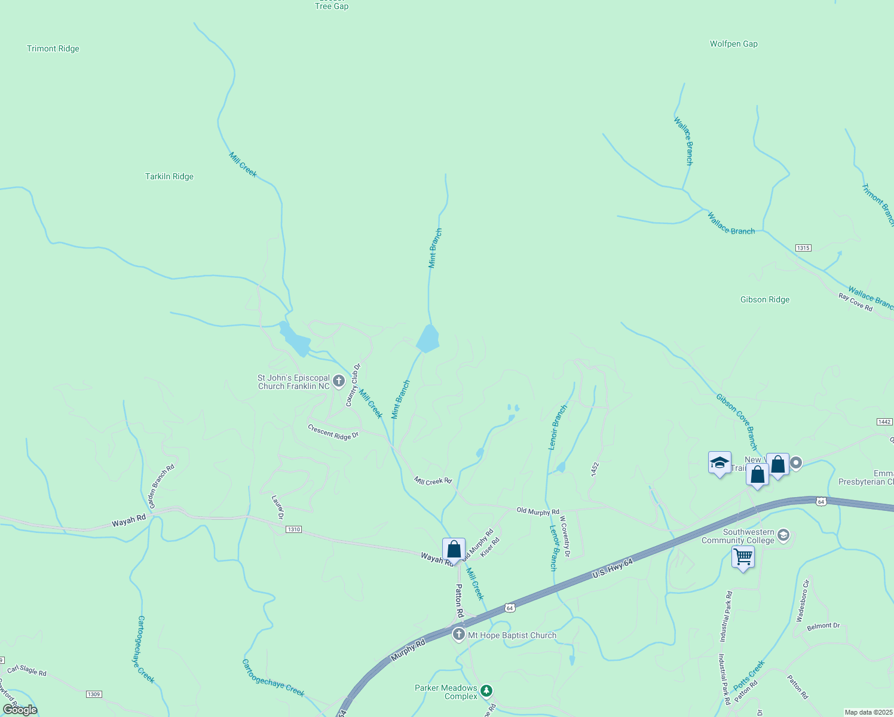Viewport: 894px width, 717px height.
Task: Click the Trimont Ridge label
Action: pos(53,49)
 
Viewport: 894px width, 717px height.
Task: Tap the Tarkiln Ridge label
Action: pos(169,177)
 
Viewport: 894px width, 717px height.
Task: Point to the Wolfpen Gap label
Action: pos(733,44)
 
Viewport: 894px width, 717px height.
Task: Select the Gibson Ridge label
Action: pos(764,300)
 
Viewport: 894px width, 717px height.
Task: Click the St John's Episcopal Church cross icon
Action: pos(339,381)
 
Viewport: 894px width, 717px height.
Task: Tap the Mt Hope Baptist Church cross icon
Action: pos(459,635)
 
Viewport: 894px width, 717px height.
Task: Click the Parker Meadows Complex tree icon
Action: pos(486,692)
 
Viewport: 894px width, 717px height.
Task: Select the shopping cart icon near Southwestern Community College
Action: pos(743,557)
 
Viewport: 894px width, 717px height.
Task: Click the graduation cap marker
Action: pos(720,462)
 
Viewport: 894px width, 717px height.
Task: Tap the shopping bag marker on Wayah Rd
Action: pos(454,549)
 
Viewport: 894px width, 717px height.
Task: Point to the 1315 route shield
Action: pos(803,248)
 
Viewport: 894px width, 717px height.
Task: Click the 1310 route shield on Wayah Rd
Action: pos(293,529)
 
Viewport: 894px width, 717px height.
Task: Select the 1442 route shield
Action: pos(884,422)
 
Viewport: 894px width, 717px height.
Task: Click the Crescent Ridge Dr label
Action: pos(333,432)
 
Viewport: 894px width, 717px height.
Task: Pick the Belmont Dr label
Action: pos(823,626)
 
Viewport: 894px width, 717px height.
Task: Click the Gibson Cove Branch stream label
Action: pos(737,421)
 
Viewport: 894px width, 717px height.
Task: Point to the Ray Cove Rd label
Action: pos(855,302)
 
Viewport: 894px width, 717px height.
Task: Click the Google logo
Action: pos(20,710)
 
